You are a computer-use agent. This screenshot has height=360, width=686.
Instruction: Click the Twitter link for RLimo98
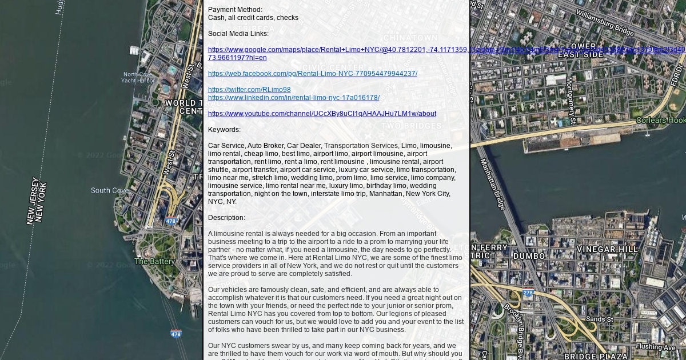(x=249, y=90)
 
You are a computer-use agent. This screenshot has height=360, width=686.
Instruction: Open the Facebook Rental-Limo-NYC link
(x=312, y=74)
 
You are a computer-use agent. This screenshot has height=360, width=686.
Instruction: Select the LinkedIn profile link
(x=293, y=98)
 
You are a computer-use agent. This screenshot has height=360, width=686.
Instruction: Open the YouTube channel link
(x=322, y=114)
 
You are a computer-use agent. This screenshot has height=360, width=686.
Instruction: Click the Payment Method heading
(x=235, y=10)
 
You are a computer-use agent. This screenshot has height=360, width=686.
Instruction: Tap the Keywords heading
(x=224, y=130)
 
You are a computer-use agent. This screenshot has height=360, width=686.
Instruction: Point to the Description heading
(x=226, y=218)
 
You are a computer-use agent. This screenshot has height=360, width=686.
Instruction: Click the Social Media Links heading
(x=238, y=34)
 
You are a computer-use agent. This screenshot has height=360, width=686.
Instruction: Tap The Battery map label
(x=154, y=261)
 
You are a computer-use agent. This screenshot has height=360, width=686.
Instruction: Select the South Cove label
(x=109, y=190)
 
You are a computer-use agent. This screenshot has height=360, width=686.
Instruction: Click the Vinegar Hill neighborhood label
(x=607, y=250)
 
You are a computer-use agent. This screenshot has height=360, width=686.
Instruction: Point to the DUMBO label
(x=529, y=256)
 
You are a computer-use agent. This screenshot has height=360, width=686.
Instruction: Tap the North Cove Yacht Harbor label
(x=138, y=77)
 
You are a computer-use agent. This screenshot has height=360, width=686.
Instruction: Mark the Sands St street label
(x=599, y=319)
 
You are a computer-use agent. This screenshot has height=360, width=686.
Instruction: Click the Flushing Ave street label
(x=655, y=347)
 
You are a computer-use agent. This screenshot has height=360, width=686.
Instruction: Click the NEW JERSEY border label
(x=33, y=201)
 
